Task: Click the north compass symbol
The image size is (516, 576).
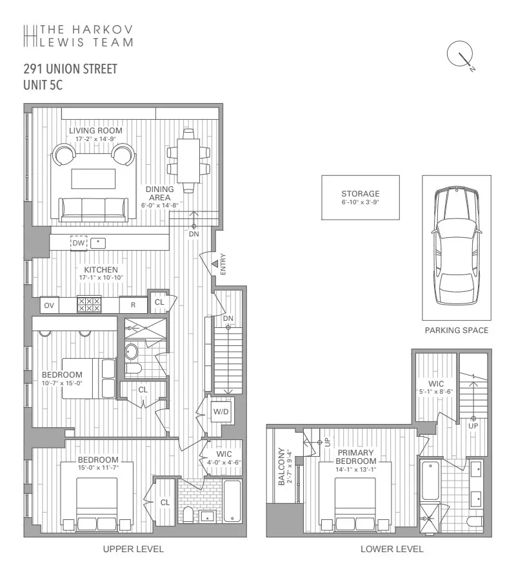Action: (461, 56)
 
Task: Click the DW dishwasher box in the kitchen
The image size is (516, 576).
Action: (78, 243)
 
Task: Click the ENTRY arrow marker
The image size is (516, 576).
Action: (215, 264)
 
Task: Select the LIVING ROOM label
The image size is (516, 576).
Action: (95, 131)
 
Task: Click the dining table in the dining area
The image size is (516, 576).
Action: (189, 160)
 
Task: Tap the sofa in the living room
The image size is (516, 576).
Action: (94, 208)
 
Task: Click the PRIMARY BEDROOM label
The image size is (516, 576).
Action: (357, 457)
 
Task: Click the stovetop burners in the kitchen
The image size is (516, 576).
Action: (89, 305)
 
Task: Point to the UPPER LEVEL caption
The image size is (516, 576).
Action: (134, 549)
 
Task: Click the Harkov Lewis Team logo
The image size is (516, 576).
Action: (78, 35)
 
